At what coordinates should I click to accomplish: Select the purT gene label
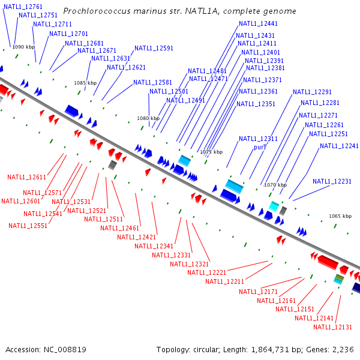[x=260, y=147]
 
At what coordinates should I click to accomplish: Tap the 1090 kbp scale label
[x=24, y=47]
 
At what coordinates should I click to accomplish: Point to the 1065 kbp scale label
[x=340, y=216]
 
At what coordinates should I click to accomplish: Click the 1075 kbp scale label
[x=211, y=152]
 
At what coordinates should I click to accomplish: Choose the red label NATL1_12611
[x=26, y=177]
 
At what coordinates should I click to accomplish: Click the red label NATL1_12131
[x=332, y=327]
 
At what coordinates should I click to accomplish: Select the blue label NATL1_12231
[x=332, y=181]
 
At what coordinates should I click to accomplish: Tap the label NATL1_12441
[x=258, y=24]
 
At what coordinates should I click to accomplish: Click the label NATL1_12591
[x=154, y=49]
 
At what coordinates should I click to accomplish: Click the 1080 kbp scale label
[x=148, y=119]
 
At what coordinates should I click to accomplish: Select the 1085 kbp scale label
[x=85, y=83]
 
